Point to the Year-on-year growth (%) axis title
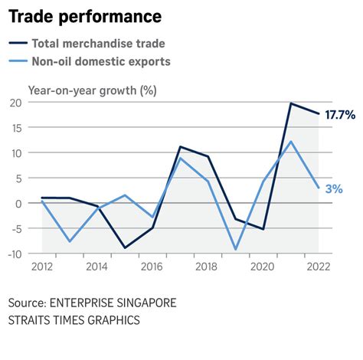pyautogui.click(x=92, y=90)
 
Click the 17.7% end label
pyautogui.click(x=339, y=115)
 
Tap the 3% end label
pyautogui.click(x=333, y=188)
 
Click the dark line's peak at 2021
pyautogui.click(x=291, y=103)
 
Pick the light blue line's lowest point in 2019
pyautogui.click(x=235, y=249)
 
